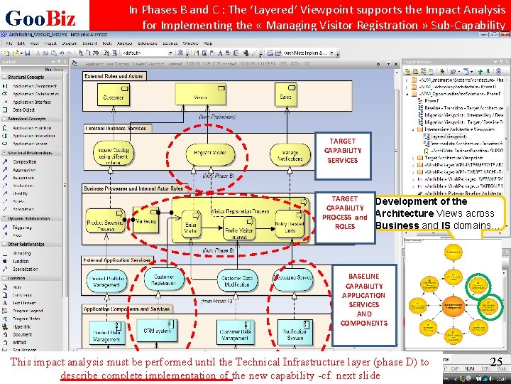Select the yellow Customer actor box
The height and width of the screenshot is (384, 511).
(114, 95)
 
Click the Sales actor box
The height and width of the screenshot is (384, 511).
(286, 95)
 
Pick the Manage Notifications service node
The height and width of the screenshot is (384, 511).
(290, 153)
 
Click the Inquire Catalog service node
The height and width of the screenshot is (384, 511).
(112, 153)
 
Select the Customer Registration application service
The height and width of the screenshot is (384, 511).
(164, 280)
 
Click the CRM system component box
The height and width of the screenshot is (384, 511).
(157, 331)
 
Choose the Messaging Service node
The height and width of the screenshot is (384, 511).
(294, 279)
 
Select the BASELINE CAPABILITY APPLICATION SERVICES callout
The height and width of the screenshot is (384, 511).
(363, 299)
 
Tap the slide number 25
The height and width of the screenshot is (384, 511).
(496, 363)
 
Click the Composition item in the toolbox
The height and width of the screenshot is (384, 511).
(26, 161)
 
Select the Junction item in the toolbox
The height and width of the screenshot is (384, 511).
(22, 261)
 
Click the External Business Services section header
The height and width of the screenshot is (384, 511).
(116, 129)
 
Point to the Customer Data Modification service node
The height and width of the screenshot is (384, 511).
(236, 281)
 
